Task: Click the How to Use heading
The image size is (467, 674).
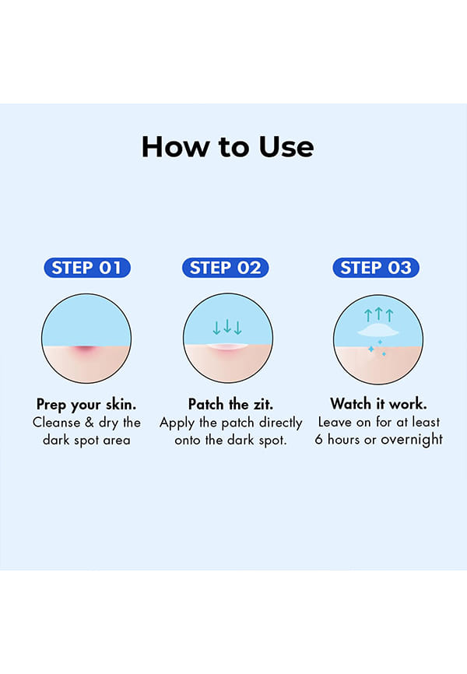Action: pos(227,147)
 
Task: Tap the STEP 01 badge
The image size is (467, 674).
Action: pos(87,268)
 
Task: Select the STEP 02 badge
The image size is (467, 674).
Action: pos(226,268)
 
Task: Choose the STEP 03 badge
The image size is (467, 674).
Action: pos(376,268)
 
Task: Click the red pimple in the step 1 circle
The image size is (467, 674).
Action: pos(86,350)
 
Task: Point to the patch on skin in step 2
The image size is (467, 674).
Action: pos(227,346)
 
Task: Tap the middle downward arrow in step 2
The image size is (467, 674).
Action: pos(227,326)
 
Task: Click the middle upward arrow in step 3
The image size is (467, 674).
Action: pos(378,314)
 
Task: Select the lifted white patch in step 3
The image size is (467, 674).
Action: pos(378,330)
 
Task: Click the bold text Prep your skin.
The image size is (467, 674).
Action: pos(86,405)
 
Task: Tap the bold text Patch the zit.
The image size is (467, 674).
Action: pos(230,404)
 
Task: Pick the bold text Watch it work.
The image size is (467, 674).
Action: pos(378,404)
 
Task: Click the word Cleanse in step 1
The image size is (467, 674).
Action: pos(56,422)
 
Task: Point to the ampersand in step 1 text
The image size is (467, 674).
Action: pos(90,422)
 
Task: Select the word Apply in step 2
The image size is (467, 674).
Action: pos(177,423)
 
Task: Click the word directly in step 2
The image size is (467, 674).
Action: pos(280,423)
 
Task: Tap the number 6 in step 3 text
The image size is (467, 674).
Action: pos(318,439)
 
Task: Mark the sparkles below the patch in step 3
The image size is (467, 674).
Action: pos(377,348)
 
